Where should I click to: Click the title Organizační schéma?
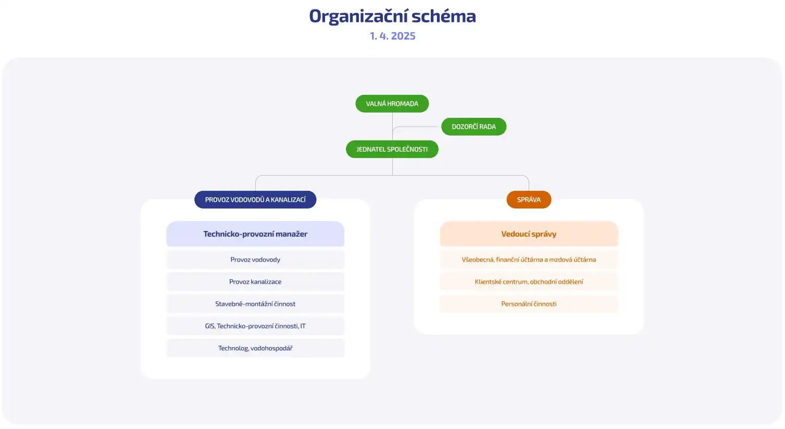click(x=392, y=16)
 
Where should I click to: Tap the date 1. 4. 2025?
click(x=392, y=36)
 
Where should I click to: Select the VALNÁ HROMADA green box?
click(x=392, y=104)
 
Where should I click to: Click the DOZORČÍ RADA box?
click(x=474, y=127)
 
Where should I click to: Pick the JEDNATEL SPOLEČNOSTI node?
click(x=392, y=149)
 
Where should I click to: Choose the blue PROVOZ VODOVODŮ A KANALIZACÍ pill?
click(x=255, y=200)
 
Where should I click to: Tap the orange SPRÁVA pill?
click(x=529, y=200)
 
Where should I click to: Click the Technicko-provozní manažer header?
click(x=255, y=234)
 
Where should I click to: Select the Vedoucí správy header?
click(x=529, y=234)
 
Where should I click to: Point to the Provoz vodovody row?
click(x=255, y=260)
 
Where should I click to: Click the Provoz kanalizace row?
click(x=255, y=282)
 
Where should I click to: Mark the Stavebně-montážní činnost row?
click(x=255, y=304)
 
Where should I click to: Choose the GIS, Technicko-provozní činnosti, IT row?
click(x=255, y=326)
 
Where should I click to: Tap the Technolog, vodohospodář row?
click(x=255, y=348)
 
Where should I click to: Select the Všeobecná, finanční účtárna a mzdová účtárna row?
click(x=529, y=260)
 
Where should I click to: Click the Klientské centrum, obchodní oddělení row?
click(x=529, y=282)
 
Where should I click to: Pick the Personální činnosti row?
click(x=529, y=304)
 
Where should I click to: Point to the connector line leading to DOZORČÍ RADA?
click(x=417, y=127)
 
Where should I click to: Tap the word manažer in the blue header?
click(x=291, y=234)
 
